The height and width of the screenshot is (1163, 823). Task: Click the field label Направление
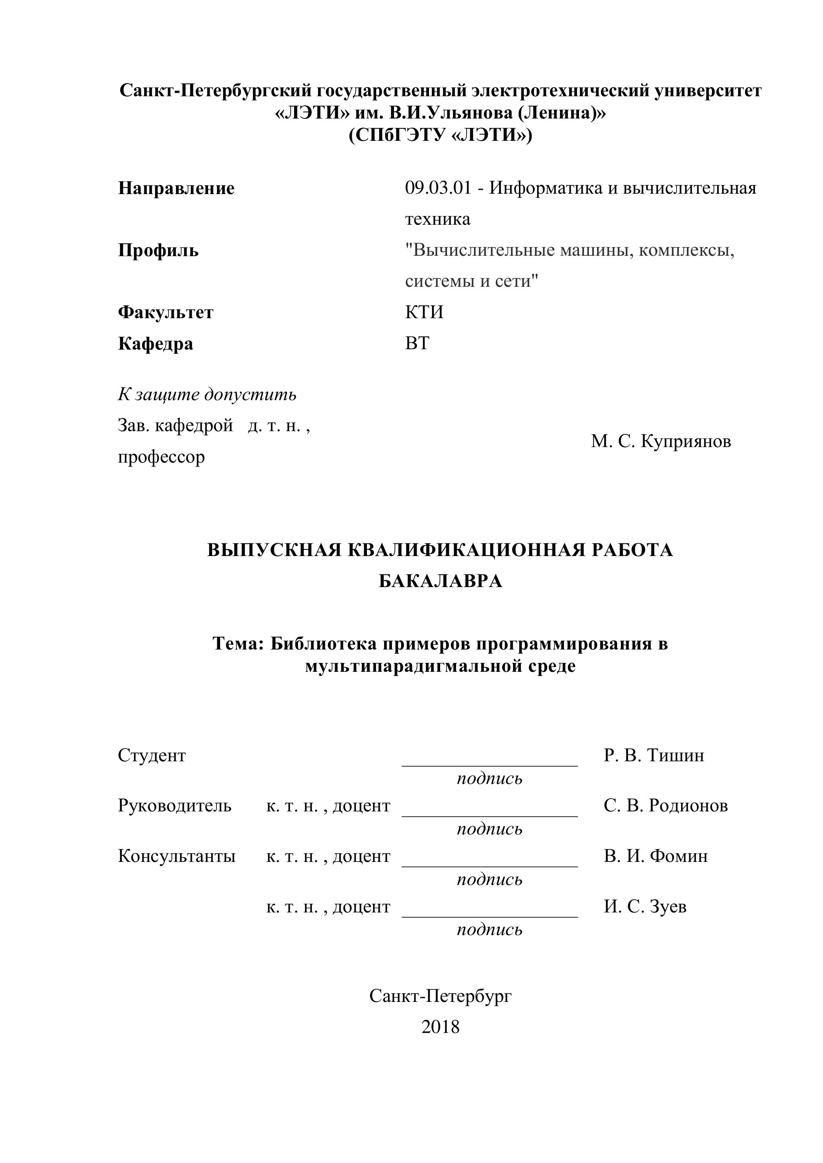(x=176, y=189)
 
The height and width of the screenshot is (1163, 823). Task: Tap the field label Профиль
(x=158, y=251)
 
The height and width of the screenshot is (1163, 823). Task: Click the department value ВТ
(x=417, y=343)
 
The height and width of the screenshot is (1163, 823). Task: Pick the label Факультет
(x=166, y=313)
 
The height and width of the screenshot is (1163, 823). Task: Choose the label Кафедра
(x=156, y=344)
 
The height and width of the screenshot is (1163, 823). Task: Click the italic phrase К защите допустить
(x=207, y=394)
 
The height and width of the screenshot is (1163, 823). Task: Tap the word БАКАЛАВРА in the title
(x=441, y=581)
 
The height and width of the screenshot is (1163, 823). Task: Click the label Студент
(x=152, y=755)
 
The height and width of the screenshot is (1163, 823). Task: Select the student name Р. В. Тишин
(x=654, y=755)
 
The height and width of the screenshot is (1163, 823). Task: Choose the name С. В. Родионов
(x=665, y=805)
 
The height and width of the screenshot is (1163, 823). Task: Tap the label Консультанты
(x=177, y=856)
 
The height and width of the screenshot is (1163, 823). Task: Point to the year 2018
(x=441, y=1027)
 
